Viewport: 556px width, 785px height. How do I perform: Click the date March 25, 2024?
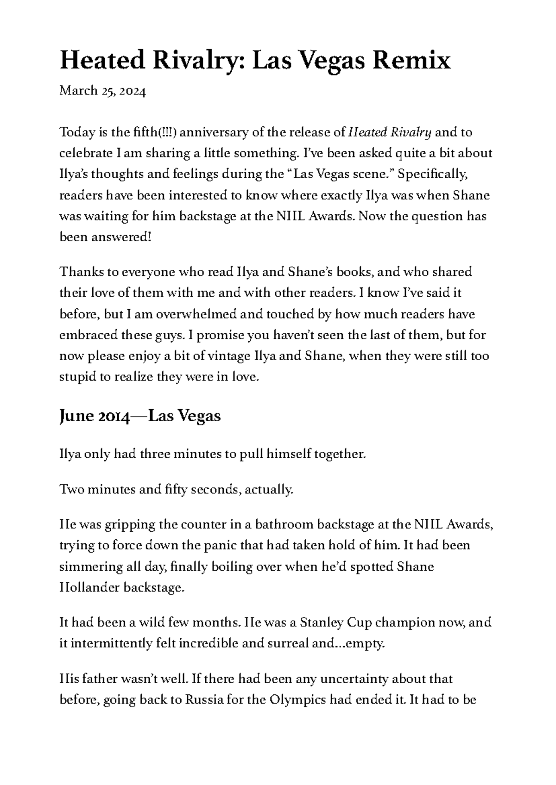(x=102, y=91)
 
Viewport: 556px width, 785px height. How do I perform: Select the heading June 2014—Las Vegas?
(x=140, y=416)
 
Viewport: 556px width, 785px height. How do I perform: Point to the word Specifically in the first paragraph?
(x=433, y=174)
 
